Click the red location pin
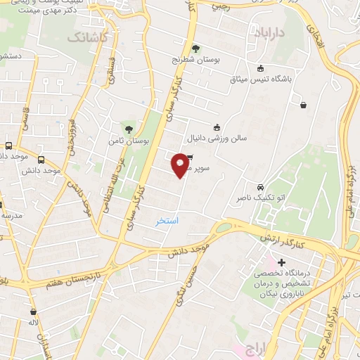click(181, 165)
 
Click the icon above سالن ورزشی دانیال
click(216, 127)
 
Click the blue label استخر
click(167, 221)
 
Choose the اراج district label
click(254, 349)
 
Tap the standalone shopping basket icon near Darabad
click(303, 105)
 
